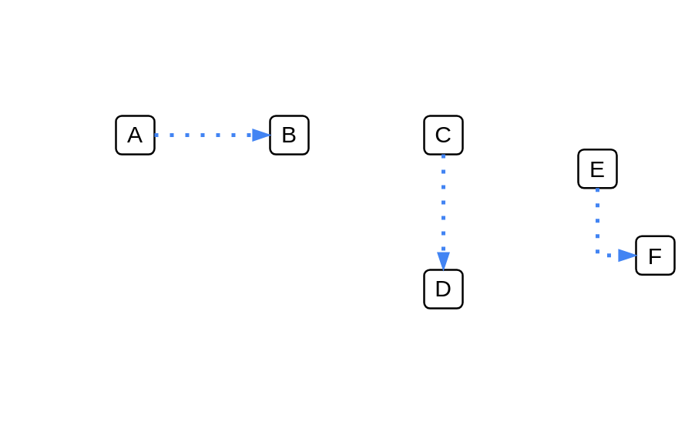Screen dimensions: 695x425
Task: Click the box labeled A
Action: click(135, 135)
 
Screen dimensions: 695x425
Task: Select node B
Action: click(290, 135)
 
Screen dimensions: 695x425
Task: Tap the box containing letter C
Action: click(443, 135)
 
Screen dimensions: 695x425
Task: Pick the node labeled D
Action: click(443, 289)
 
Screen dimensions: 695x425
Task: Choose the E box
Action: click(597, 169)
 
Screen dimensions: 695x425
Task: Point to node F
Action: click(655, 256)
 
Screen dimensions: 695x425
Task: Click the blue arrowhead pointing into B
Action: click(261, 135)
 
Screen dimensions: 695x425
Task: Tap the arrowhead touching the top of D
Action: click(443, 261)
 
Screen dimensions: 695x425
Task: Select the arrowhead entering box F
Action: click(627, 256)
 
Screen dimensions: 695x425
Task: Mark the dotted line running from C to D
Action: click(443, 212)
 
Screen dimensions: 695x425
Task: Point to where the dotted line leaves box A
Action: click(155, 135)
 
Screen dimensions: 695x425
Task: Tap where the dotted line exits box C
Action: click(443, 155)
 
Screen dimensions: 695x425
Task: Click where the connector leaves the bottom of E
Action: click(597, 189)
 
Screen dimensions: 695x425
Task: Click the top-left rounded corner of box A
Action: click(116, 116)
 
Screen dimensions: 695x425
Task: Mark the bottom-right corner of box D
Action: click(462, 308)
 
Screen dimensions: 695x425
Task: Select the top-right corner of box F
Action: click(674, 237)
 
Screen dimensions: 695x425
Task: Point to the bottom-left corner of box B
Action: click(270, 154)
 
